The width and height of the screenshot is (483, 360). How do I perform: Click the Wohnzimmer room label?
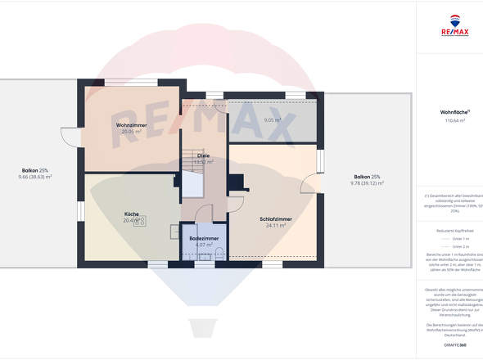[x=130, y=124]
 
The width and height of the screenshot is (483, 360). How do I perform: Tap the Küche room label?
[x=132, y=214]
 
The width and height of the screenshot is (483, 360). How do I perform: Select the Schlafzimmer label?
[x=276, y=219]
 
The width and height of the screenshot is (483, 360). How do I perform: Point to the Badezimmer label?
[x=204, y=238]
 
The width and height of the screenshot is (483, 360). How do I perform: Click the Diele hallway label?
[x=203, y=155]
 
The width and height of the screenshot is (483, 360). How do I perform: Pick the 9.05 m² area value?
[x=272, y=120]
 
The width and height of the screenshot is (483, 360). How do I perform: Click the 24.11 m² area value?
[x=275, y=226]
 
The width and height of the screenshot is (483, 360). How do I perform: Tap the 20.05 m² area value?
[x=131, y=131]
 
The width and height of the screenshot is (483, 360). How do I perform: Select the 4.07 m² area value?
[x=204, y=245]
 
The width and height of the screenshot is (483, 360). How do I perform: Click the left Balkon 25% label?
[x=36, y=170]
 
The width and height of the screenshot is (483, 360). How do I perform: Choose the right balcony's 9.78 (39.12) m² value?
[x=366, y=183]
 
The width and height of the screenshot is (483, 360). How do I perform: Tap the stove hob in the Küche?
[x=139, y=221]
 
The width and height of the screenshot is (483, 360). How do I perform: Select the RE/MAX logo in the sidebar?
[x=454, y=26]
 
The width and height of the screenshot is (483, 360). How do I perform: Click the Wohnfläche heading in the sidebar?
[x=454, y=112]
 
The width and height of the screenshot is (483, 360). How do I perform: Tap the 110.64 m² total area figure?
[x=454, y=120]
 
